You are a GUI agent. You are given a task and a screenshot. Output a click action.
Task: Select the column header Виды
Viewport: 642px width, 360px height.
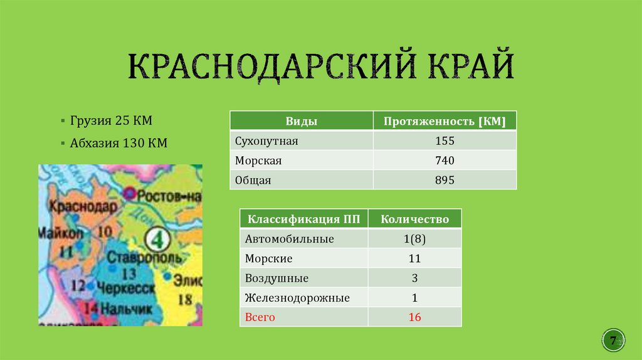[301, 121]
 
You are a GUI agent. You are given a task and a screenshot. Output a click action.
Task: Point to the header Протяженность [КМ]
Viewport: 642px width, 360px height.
[445, 121]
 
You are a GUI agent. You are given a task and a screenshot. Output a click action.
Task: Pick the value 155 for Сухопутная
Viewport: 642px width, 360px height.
[445, 141]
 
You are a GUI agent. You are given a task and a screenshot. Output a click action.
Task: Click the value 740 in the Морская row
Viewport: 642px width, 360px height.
[445, 161]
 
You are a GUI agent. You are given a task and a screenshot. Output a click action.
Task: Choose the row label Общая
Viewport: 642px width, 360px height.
[253, 180]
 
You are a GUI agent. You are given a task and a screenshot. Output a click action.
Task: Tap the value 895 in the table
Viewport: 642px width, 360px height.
[445, 180]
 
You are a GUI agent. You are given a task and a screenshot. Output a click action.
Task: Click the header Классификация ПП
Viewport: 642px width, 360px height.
[304, 219]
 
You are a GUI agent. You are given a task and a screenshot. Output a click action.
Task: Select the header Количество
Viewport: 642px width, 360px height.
[415, 219]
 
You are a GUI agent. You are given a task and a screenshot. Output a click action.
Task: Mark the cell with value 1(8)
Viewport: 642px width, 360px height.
[415, 239]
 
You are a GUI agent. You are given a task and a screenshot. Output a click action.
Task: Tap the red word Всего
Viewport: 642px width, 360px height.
[260, 317]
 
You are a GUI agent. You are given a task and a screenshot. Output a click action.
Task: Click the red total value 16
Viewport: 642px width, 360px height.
[415, 317]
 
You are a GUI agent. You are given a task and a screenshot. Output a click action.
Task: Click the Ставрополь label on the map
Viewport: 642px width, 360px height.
[144, 257]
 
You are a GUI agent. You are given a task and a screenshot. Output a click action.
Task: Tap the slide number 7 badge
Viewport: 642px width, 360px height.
[613, 340]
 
